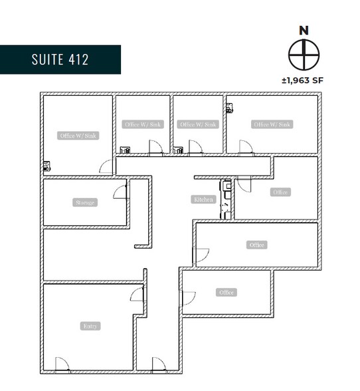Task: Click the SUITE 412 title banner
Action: tap(60, 59)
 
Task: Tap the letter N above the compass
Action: tap(304, 31)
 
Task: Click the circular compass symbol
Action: tap(304, 54)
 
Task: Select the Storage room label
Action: tap(86, 202)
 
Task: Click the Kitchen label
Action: tap(203, 199)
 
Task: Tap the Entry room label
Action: tap(90, 326)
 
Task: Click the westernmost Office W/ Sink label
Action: tap(78, 136)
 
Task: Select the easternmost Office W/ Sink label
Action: tap(271, 124)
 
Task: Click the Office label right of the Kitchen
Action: tap(280, 192)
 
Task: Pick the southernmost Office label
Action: tap(226, 293)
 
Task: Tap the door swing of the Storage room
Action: tap(120, 192)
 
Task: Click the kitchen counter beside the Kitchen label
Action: tap(227, 199)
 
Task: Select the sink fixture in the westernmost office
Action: tap(46, 167)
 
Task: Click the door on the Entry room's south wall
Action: tap(62, 364)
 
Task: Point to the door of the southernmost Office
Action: tap(189, 298)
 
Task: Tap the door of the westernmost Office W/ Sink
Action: tap(106, 167)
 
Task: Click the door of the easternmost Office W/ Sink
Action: tap(246, 147)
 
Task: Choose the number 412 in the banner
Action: tap(77, 59)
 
